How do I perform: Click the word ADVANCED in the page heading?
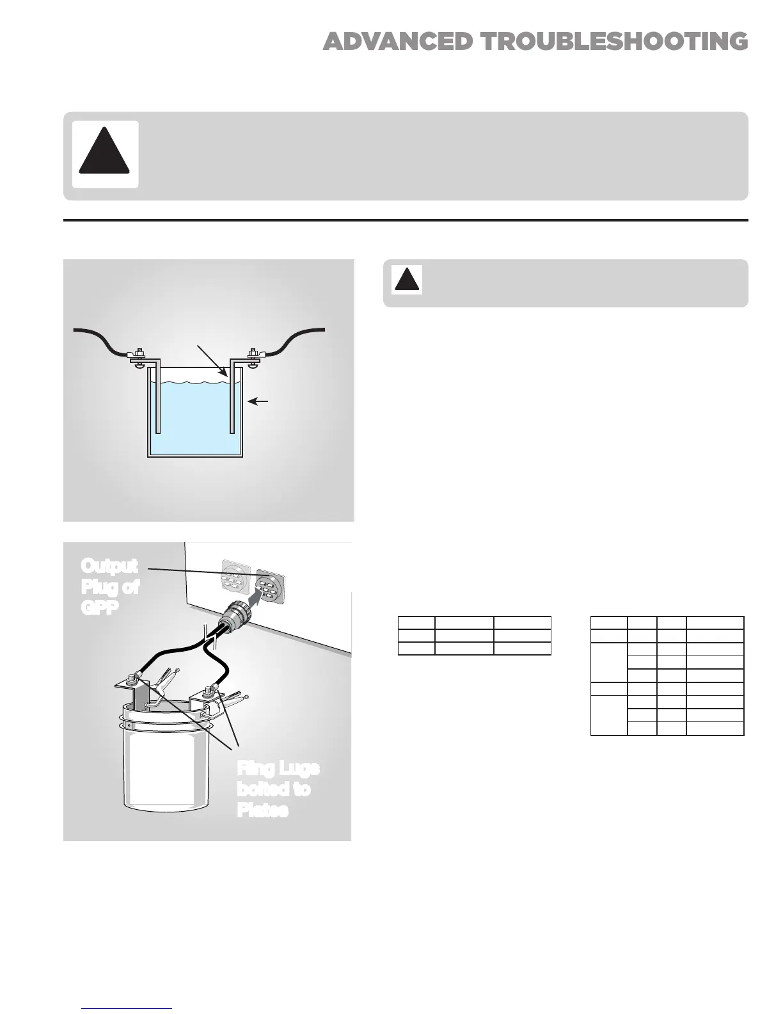pos(398,42)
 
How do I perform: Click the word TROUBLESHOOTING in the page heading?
pos(614,42)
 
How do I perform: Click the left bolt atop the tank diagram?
pos(138,353)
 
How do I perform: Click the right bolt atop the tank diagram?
pos(252,353)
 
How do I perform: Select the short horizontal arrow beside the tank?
pos(258,401)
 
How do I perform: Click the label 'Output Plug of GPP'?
pos(109,586)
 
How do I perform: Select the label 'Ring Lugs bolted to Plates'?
pos(277,789)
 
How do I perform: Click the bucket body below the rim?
pos(166,775)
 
